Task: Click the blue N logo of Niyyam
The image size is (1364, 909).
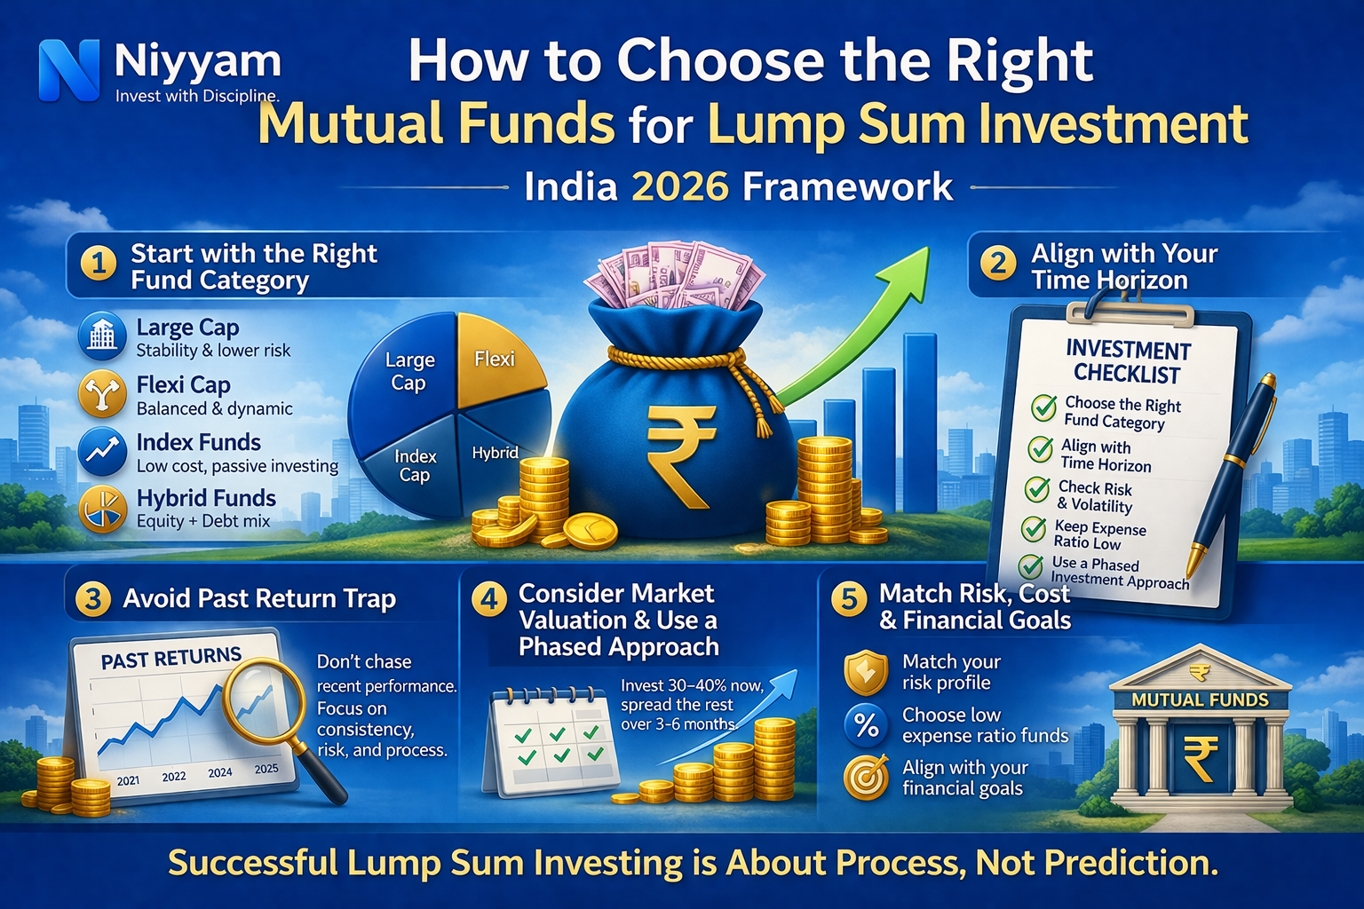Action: point(69,70)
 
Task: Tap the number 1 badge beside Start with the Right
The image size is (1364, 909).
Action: point(99,265)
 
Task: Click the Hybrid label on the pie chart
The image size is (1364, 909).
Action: point(495,453)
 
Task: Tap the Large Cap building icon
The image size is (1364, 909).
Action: point(102,336)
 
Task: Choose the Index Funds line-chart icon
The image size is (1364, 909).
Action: point(102,451)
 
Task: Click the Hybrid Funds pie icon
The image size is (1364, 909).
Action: point(102,510)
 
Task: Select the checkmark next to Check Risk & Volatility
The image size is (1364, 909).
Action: point(1036,489)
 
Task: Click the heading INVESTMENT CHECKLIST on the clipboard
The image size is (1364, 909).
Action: point(1128,361)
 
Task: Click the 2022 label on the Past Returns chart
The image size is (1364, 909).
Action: point(174,777)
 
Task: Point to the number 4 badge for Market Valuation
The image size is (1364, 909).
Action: point(488,599)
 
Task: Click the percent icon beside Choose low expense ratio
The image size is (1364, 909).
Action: point(866,725)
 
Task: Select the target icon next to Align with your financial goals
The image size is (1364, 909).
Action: point(866,778)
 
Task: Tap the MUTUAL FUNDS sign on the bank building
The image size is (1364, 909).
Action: point(1200,700)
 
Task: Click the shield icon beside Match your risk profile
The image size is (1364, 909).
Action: point(866,672)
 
